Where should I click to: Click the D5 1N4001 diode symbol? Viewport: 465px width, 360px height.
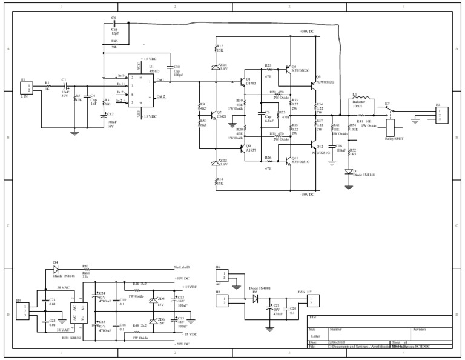(255, 298)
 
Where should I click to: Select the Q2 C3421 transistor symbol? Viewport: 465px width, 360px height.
(213, 113)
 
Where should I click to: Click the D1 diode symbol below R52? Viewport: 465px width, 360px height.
(349, 172)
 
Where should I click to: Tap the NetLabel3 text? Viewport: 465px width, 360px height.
(182, 267)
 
